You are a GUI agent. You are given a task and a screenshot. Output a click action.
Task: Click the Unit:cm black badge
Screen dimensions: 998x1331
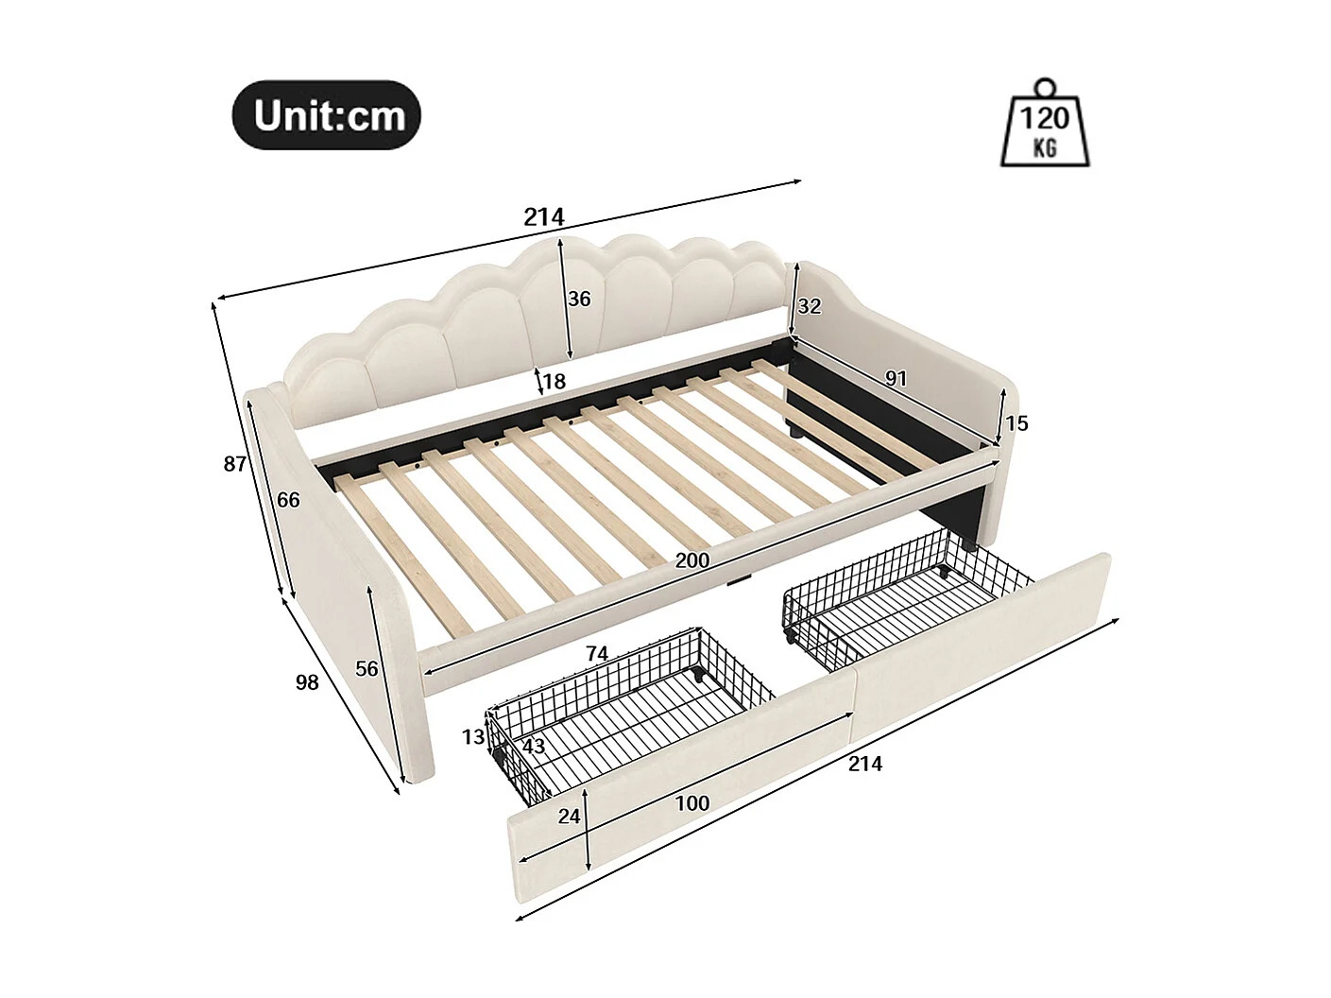coord(327,114)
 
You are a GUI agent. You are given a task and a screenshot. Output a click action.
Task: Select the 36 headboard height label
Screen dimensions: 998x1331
coord(579,299)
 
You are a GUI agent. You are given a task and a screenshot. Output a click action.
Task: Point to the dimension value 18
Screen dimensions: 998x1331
coord(554,382)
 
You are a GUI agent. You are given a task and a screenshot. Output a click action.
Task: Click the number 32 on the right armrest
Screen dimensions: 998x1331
coord(810,306)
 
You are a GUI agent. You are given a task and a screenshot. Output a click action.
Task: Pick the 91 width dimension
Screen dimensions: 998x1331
coord(896,378)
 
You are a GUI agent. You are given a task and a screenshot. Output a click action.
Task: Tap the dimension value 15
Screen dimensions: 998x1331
coord(1016,423)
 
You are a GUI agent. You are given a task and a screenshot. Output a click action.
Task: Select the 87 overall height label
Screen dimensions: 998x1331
coord(235,464)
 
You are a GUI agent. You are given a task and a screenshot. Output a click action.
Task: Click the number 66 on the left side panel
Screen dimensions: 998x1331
coord(288,500)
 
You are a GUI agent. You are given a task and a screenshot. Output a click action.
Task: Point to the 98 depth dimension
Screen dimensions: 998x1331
coord(307,681)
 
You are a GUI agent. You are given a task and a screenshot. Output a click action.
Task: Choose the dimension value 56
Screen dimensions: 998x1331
coord(367,668)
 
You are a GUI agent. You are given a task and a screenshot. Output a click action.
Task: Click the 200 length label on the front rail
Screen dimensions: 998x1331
coord(692,560)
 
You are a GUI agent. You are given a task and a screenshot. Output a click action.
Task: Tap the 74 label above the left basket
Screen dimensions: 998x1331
coord(596,653)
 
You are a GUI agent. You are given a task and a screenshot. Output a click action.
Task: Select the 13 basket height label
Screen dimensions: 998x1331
coord(473,737)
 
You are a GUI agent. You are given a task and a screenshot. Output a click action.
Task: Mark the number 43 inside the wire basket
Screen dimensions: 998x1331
coord(534,746)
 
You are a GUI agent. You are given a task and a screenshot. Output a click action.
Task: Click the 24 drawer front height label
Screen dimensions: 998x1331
coord(569,817)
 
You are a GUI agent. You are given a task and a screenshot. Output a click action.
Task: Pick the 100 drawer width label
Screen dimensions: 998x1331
coord(692,803)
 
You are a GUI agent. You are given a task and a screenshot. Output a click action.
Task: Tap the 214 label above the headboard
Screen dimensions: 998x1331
coord(544,217)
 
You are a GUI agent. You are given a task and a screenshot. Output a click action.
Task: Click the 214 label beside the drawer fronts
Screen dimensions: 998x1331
coord(864,764)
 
